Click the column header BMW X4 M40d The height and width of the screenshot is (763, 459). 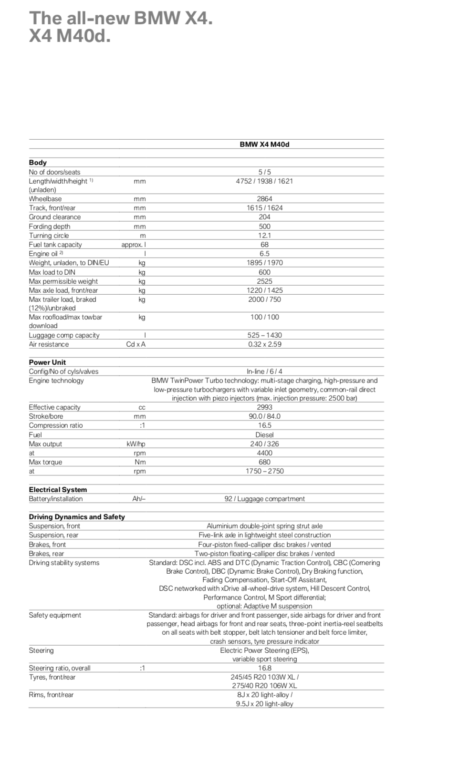coord(264,144)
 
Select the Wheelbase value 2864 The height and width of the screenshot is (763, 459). coord(264,199)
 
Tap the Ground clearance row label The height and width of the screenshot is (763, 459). coord(55,217)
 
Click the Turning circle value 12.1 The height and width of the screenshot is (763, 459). coord(264,236)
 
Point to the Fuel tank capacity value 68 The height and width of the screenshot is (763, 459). coord(264,245)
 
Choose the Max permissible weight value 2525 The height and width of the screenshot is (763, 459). coord(264,281)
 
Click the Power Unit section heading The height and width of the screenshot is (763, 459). coord(47,362)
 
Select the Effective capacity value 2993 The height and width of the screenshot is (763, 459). coord(264,407)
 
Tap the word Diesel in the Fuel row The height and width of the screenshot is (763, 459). coord(264,435)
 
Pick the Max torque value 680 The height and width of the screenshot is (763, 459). coord(264,462)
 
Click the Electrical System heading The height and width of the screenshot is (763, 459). coord(58,490)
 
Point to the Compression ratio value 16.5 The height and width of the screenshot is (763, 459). coord(264,425)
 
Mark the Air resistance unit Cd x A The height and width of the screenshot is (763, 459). coord(136,344)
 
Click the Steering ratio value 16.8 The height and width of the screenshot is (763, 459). coord(264,668)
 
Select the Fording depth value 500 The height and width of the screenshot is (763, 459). coord(264,227)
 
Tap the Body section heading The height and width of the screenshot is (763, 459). coord(38,163)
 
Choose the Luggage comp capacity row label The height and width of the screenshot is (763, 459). coord(64,335)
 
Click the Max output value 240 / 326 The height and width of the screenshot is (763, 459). coord(264,444)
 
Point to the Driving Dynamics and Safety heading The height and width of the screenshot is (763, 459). coord(77,517)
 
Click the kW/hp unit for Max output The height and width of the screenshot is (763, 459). coord(136,444)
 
